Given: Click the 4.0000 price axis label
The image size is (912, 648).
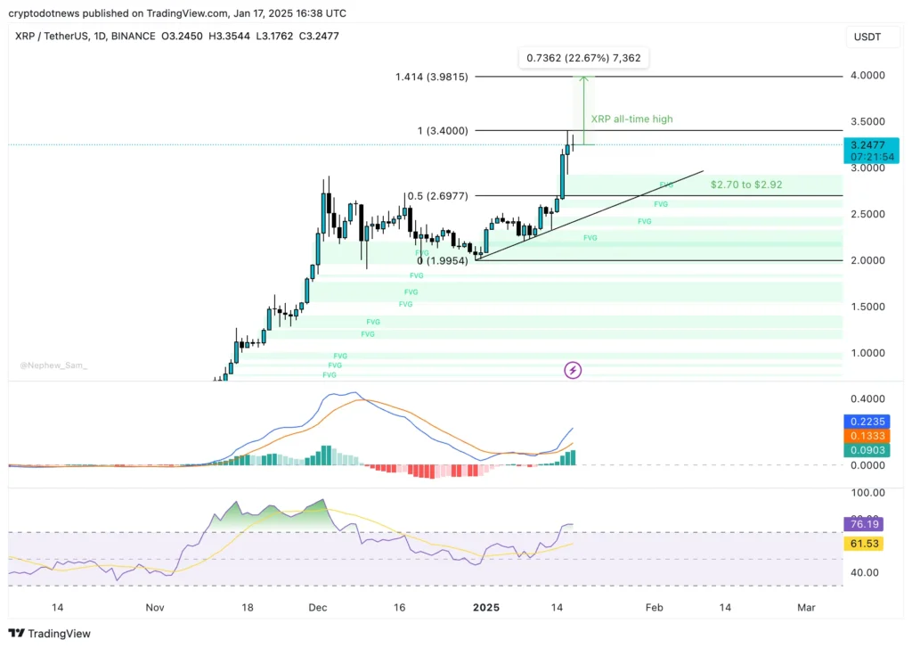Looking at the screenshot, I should [x=867, y=76].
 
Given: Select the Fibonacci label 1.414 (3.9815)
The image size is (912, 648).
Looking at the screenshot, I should [x=432, y=77].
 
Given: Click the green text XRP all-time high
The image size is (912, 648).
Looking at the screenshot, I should [x=631, y=119].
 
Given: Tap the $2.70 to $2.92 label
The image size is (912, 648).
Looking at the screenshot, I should [x=746, y=185].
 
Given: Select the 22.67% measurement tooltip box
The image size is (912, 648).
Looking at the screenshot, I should [x=583, y=58].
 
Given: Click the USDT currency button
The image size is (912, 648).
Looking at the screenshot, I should [x=867, y=37].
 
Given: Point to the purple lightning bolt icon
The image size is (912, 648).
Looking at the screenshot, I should [x=574, y=369].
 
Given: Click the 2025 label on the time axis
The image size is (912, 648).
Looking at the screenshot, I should [x=486, y=608].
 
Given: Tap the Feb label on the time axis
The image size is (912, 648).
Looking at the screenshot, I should [x=654, y=608].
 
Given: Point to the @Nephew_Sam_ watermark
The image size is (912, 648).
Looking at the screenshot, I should [x=53, y=365].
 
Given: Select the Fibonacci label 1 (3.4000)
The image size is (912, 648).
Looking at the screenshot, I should [x=444, y=131].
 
